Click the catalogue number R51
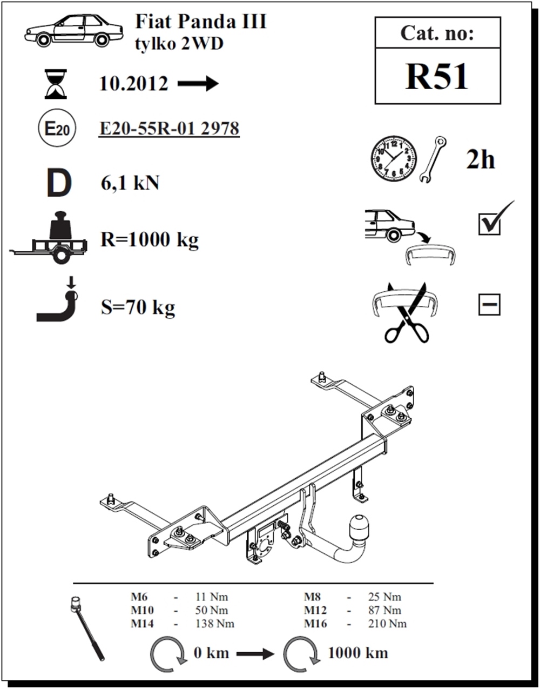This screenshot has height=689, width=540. click(436, 77)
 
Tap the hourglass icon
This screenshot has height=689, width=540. click(56, 84)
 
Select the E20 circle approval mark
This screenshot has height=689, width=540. click(57, 129)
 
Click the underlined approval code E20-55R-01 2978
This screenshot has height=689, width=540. click(169, 129)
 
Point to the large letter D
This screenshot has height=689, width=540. click(59, 183)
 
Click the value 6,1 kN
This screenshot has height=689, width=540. click(130, 183)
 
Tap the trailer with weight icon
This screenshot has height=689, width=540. click(48, 237)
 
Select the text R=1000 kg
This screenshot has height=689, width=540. click(150, 239)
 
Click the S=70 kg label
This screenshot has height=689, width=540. click(138, 307)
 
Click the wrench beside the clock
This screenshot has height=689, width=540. click(433, 159)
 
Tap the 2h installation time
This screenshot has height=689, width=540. click(480, 160)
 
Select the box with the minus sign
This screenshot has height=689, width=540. click(489, 305)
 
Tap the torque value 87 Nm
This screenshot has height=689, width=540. click(385, 610)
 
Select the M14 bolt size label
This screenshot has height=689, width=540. click(143, 624)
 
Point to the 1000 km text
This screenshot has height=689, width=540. click(358, 653)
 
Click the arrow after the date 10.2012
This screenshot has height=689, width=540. click(198, 84)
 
